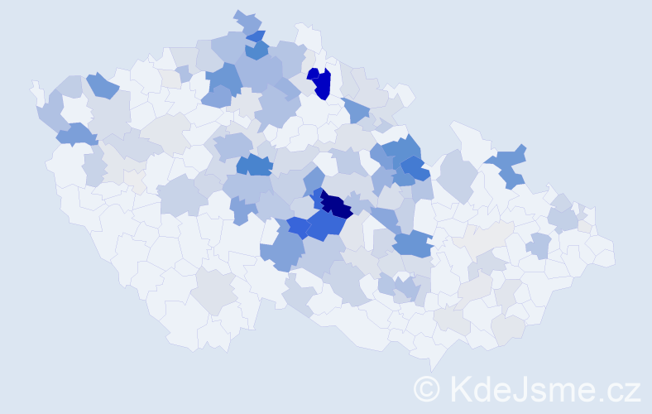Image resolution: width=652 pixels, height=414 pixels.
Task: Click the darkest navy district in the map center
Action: click(x=338, y=205)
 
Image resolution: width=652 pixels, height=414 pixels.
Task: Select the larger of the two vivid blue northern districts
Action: click(x=324, y=84)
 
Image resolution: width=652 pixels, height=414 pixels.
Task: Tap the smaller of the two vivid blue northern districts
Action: click(x=314, y=74)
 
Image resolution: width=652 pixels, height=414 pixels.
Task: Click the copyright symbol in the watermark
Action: click(x=427, y=388)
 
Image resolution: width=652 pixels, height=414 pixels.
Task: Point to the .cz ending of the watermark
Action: click(x=617, y=388)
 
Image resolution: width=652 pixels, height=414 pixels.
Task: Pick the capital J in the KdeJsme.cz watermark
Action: click(x=518, y=388)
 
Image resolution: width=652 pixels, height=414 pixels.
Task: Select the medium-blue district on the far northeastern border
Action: click(x=510, y=165)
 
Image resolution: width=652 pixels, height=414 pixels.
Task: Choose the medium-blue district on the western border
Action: click(x=75, y=133)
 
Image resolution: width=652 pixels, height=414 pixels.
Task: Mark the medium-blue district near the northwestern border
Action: click(x=102, y=84)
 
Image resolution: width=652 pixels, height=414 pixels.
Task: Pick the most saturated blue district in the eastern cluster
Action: click(x=415, y=169)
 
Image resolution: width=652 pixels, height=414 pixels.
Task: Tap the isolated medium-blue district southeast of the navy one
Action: click(x=412, y=243)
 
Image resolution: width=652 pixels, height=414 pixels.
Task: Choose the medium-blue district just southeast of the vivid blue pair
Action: click(x=356, y=110)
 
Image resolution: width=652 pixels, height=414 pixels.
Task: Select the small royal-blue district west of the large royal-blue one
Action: click(x=299, y=228)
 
